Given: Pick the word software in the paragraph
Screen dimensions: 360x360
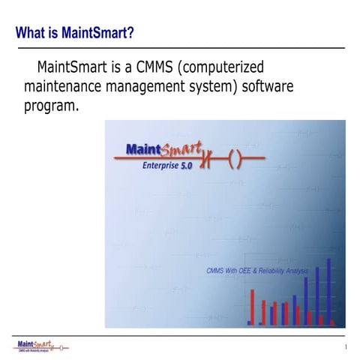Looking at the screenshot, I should click(x=268, y=87).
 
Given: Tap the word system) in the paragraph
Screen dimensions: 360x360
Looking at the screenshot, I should click(x=214, y=87).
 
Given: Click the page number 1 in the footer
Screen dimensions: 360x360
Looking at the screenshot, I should click(x=345, y=347).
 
